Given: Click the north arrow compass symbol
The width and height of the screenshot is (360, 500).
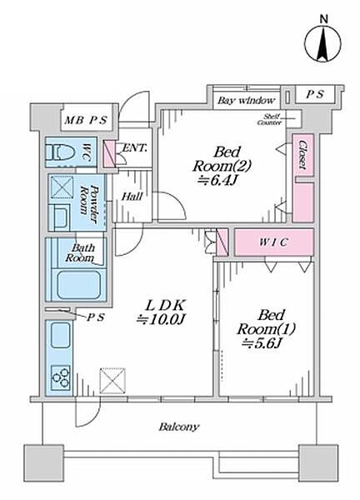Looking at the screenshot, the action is coord(322,43).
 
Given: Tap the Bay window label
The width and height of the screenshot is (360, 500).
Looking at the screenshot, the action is coord(246,101).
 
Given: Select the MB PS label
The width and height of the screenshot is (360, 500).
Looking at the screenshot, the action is coord(86,120).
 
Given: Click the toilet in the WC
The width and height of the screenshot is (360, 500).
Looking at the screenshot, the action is coord(60,152).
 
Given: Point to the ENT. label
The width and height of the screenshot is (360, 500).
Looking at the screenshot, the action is coord(135,147).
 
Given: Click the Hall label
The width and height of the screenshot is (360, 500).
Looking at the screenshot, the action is coord(132,197).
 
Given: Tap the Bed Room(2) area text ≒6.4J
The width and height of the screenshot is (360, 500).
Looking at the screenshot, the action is coord(218,181).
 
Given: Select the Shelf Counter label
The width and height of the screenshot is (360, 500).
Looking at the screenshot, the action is coord(270,120).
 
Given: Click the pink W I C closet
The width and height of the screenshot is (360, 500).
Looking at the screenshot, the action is coord(274,242).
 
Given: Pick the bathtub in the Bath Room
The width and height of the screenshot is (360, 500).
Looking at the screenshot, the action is coord(78,284).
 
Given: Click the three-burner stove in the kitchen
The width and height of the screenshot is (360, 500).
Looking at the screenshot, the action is coord(61,377).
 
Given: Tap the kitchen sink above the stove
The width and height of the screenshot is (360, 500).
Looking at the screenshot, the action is coord(61,335).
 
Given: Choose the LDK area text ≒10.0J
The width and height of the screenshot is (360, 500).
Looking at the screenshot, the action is coord(161,319).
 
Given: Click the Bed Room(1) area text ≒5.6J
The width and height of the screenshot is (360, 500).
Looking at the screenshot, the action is coord(262,343).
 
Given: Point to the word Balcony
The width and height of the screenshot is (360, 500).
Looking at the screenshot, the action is coord(179,427).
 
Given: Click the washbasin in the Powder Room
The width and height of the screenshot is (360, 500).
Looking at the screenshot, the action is coord(60,217).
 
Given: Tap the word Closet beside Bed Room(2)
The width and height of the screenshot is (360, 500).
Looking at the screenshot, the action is coord(302,155).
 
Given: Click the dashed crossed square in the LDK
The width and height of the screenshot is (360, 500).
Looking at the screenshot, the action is coord(112,381).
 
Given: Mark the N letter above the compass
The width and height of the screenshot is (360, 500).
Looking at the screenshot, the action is coord(324,19).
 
